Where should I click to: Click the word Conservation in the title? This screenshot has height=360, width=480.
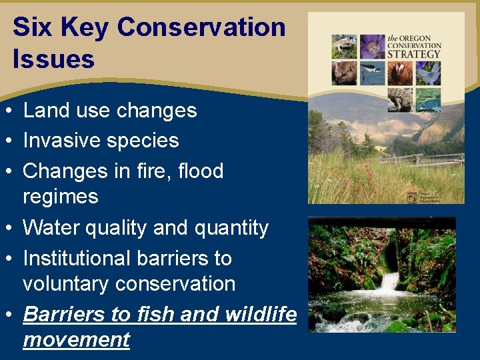tap(201, 27)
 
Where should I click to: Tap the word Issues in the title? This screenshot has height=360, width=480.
tap(53, 59)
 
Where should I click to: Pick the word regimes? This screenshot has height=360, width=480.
tap(60, 197)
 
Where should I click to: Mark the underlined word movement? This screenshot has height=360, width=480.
tap(76, 339)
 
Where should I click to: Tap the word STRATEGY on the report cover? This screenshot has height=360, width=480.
tap(424, 53)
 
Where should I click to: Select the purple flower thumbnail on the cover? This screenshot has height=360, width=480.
tap(372, 46)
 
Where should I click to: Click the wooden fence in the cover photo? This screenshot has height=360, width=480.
tap(427, 161)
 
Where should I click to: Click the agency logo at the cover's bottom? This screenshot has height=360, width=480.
tap(413, 196)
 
